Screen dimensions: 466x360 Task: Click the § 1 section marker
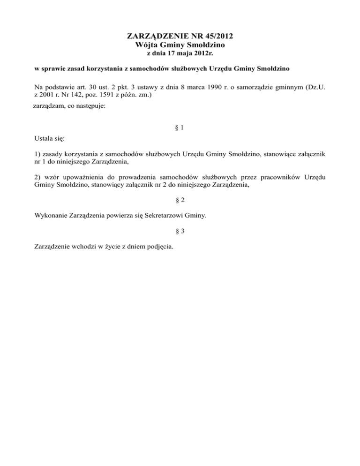click(180, 128)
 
